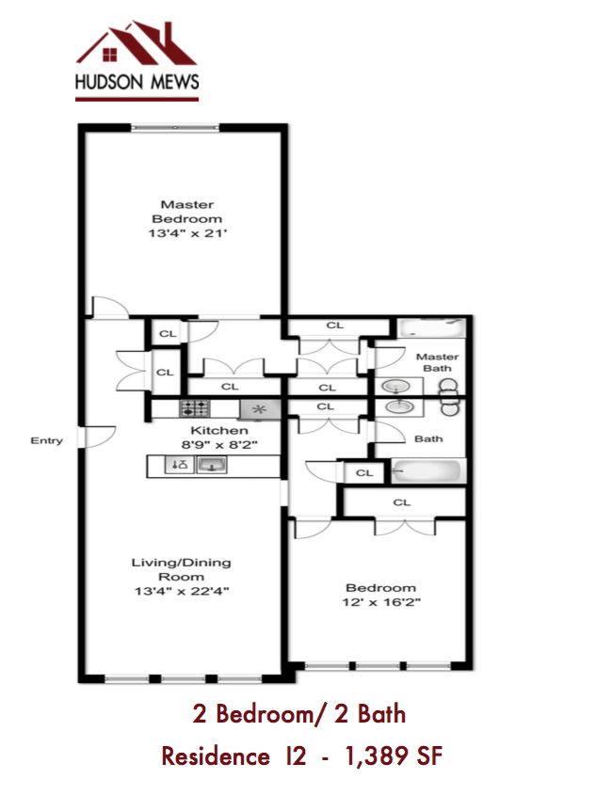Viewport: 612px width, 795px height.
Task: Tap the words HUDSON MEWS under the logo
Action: [137, 83]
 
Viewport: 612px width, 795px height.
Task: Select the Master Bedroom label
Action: [186, 212]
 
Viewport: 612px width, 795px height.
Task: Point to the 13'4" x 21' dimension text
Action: [186, 234]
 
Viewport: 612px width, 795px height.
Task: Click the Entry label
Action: [46, 440]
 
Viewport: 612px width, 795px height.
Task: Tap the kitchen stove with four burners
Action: [195, 409]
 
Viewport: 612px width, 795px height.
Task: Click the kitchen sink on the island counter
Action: [212, 465]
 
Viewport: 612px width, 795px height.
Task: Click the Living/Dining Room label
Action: [181, 569]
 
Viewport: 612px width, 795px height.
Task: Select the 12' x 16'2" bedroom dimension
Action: [380, 602]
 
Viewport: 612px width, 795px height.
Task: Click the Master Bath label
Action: [437, 362]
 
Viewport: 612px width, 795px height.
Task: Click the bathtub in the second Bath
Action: [428, 470]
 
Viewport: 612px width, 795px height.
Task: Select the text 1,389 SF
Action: [394, 755]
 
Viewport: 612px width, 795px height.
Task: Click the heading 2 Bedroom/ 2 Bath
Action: [298, 714]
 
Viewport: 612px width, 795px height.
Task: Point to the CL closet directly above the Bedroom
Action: [402, 502]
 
